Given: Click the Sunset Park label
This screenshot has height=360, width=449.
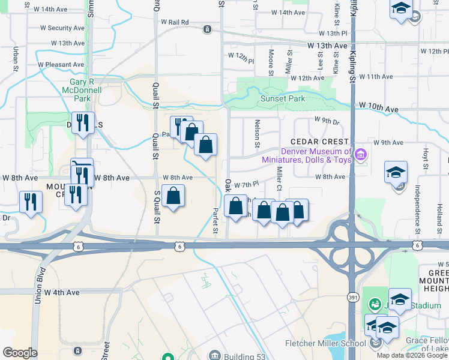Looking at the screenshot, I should [282, 99].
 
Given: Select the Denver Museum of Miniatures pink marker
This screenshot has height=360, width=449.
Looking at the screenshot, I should [360, 155].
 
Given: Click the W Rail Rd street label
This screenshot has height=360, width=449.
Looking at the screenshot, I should [175, 22].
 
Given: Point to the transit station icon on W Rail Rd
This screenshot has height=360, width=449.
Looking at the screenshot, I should [207, 28].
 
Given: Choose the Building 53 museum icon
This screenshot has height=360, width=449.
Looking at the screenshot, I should [214, 356].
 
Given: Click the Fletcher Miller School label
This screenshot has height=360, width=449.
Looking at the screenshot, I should [325, 344].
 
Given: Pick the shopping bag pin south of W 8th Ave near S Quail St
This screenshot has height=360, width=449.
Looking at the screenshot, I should [173, 196].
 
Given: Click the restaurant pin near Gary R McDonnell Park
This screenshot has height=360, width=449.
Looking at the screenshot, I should [83, 123].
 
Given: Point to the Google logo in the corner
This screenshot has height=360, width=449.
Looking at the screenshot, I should [20, 352].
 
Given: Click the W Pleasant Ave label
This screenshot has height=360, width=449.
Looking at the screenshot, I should [61, 64].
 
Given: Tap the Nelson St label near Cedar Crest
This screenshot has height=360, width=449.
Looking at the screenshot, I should [257, 136].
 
